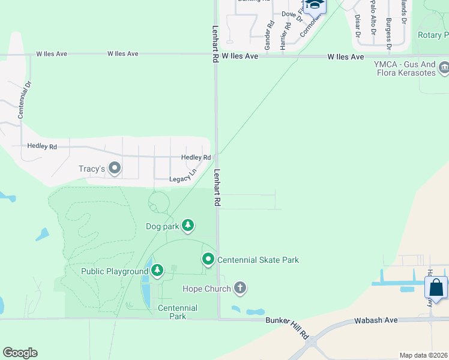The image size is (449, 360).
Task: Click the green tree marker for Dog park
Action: [x=188, y=226]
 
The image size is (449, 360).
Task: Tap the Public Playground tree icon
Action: [x=157, y=271]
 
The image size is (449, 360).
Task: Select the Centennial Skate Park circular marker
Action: [x=208, y=259]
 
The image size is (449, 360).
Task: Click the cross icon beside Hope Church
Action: [x=240, y=289]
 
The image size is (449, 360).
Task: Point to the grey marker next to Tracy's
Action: [x=115, y=169]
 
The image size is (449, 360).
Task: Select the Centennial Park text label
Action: [x=177, y=312]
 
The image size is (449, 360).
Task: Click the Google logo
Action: [x=20, y=352]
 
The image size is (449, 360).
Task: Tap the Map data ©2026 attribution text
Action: [x=423, y=355]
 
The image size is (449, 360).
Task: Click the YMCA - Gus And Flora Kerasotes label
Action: [x=404, y=69]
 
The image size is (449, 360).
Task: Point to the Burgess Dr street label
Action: [x=389, y=32]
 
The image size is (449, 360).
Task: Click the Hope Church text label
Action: [x=206, y=289]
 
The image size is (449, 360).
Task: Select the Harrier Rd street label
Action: [x=287, y=35]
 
